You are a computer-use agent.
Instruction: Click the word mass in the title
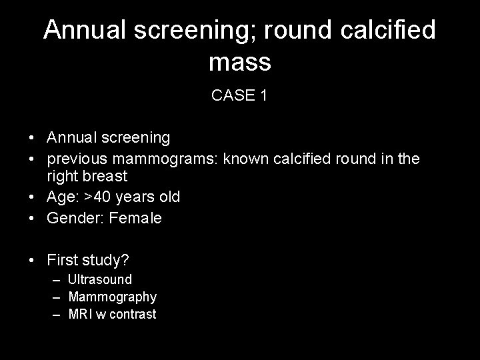(x=239, y=62)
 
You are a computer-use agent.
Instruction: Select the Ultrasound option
(x=100, y=279)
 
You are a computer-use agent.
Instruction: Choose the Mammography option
(x=113, y=297)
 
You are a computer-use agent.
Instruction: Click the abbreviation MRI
(x=81, y=314)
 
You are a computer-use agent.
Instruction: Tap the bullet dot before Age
(x=32, y=198)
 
